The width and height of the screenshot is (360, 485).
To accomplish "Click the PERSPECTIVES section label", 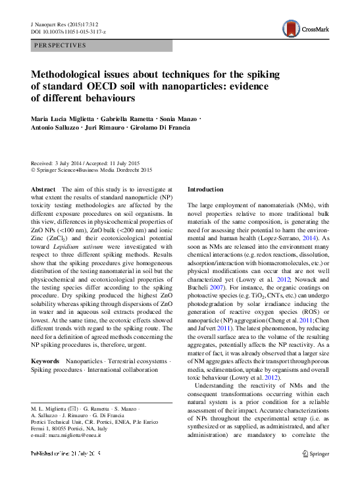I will [x=60, y=46].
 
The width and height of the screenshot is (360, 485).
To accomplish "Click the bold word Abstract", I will [x=43, y=189].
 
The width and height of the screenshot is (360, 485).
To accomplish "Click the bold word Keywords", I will [x=45, y=362].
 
